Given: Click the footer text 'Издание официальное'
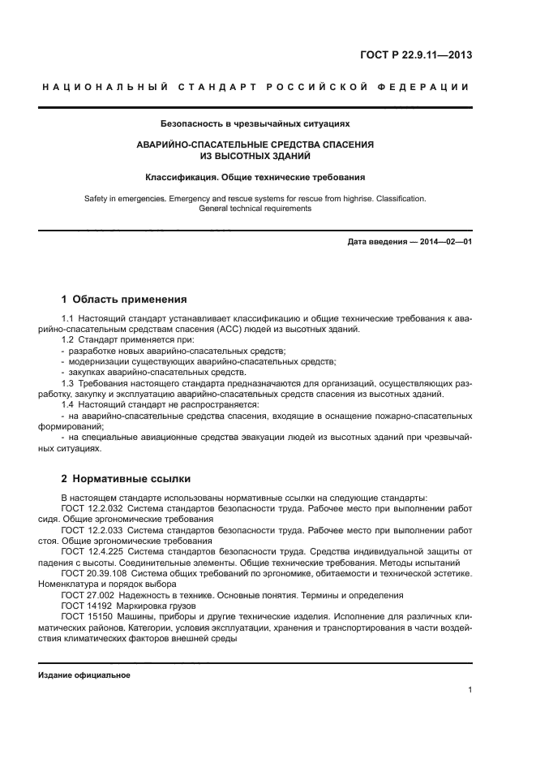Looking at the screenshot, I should pos(84,675).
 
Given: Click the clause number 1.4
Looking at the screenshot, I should pos(67,403).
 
